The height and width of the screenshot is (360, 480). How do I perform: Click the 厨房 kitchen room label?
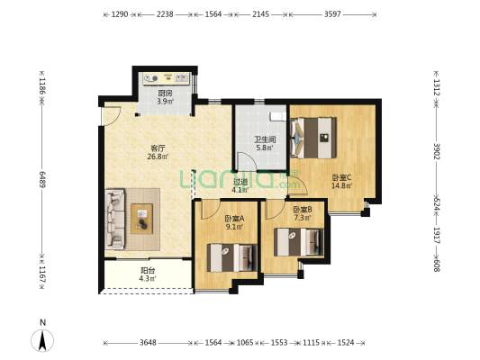(166, 93)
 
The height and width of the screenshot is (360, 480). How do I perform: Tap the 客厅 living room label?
(158, 148)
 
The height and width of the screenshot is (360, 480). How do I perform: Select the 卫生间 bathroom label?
(265, 139)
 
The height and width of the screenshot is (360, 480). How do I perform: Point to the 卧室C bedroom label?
(341, 177)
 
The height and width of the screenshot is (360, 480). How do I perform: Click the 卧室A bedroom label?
(234, 219)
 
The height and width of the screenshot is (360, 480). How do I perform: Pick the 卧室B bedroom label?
(303, 210)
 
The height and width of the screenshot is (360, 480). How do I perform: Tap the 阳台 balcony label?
(148, 270)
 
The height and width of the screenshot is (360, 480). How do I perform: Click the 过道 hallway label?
(240, 182)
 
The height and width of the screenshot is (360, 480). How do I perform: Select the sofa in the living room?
(115, 219)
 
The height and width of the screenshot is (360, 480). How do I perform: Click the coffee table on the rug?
(141, 219)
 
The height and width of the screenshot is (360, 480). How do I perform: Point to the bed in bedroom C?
(313, 138)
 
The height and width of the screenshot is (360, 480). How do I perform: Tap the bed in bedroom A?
(231, 257)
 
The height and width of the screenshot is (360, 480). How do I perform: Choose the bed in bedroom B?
(298, 242)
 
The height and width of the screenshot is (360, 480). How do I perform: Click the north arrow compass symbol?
(42, 340)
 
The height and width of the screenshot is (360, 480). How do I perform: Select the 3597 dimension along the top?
(332, 14)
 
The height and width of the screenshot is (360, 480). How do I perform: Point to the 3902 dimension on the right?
(437, 151)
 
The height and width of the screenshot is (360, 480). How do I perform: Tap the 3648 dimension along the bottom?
(149, 343)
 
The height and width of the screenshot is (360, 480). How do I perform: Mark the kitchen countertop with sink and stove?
(167, 78)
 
